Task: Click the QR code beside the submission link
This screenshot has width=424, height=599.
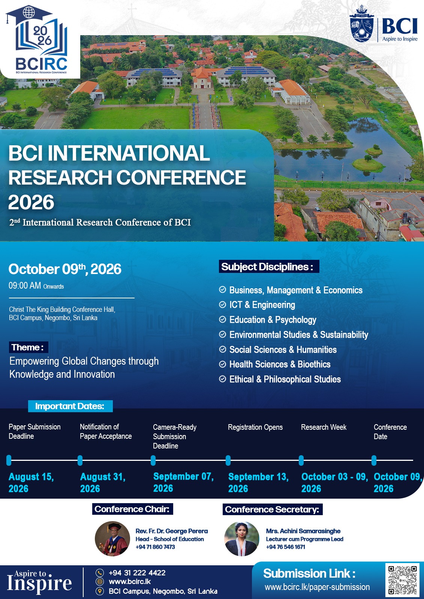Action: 402,580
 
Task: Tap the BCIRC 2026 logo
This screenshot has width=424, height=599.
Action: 37,40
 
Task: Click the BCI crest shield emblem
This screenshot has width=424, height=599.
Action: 362,24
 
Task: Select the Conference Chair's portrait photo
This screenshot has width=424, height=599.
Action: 112,539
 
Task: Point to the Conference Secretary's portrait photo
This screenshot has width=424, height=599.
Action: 241,539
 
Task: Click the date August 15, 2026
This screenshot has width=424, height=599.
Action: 31,483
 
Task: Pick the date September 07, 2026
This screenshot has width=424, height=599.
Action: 183,482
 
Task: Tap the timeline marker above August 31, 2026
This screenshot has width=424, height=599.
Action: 80,460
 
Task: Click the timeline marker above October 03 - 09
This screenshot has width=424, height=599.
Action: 301,460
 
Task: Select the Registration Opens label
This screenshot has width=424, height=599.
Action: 255,427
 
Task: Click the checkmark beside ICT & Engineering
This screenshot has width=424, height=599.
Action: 222,304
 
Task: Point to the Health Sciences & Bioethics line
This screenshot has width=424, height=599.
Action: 280,364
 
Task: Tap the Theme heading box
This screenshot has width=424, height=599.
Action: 28,347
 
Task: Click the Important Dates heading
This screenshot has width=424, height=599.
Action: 70,406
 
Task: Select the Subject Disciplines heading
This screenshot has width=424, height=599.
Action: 269,266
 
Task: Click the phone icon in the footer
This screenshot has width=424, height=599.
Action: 100,572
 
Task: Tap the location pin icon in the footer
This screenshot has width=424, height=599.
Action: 100,591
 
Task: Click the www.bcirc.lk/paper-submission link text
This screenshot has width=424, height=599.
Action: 317,587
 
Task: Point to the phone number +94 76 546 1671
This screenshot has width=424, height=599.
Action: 286,547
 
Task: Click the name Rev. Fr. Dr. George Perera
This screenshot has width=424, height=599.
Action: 172,531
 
